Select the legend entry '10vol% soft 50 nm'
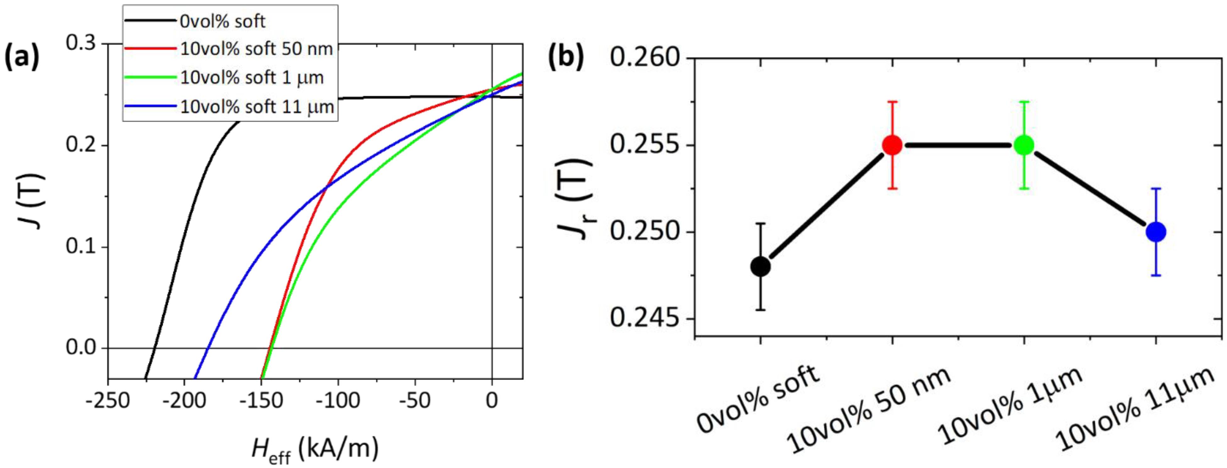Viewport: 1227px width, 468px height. coord(256,49)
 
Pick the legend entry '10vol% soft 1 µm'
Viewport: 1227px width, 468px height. coord(251,78)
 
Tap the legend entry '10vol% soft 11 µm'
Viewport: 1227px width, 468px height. coord(257,107)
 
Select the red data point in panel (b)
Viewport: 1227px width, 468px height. coord(892,145)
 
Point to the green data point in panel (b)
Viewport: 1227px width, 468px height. coord(1024,145)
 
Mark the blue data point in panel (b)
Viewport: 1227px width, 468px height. coord(1156,232)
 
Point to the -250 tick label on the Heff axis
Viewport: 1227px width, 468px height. coord(108,401)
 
